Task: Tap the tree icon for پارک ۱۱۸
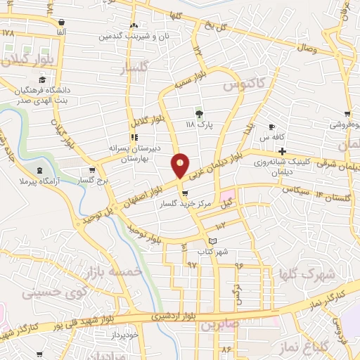[199, 112]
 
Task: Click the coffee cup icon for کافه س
[272, 127]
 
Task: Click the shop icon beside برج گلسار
[92, 170]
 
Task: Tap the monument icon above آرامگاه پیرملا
[39, 170]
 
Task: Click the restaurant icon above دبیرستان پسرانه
[134, 137]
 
